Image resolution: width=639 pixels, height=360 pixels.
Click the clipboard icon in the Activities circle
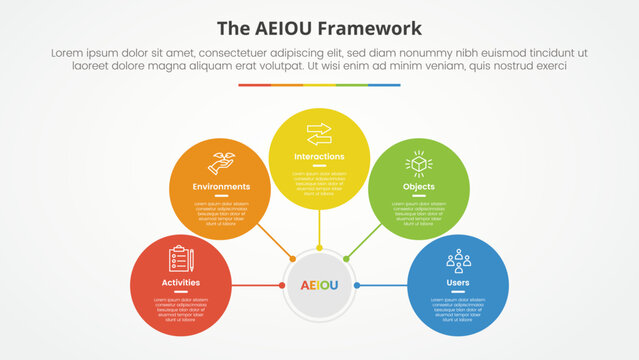click(181, 259)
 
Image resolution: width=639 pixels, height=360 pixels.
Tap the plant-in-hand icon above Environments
click(220, 163)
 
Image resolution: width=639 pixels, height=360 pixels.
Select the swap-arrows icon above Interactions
click(319, 133)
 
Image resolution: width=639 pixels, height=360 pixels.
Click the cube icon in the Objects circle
click(418, 163)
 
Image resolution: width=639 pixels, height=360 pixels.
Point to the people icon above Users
click(458, 260)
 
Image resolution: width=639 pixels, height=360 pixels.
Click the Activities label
click(181, 283)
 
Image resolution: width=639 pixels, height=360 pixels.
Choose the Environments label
click(220, 187)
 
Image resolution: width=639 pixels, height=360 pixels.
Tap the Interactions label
click(319, 157)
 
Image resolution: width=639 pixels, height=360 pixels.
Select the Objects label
click(418, 187)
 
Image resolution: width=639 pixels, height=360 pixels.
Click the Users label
click(458, 283)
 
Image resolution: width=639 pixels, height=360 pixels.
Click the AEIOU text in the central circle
click(319, 285)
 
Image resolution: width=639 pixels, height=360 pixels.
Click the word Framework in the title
click(372, 28)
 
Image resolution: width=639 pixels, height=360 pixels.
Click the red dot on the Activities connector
click(282, 285)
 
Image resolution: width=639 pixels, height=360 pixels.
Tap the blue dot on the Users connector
click(357, 285)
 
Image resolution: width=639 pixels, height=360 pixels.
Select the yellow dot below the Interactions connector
click(319, 247)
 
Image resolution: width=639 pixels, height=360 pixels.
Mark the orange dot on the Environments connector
click(292, 258)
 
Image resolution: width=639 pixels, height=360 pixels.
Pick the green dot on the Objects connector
click(346, 258)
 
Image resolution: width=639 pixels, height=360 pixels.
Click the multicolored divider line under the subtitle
click(319, 85)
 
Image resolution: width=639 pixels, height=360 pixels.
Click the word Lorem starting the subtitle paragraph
click(65, 51)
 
